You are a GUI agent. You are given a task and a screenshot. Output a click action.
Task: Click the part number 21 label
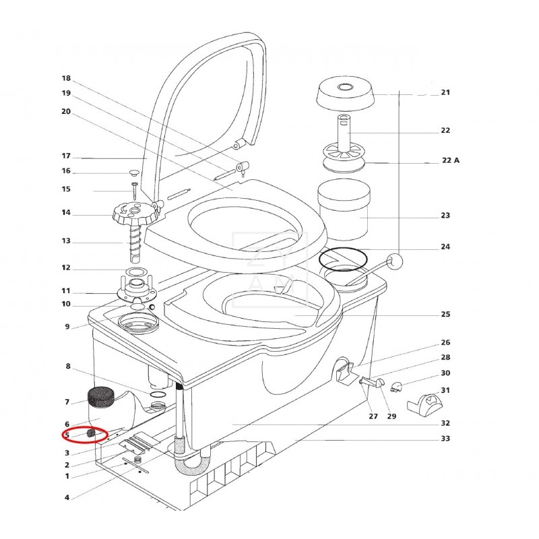(x=445, y=92)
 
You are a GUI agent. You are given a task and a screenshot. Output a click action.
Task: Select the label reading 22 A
(x=450, y=160)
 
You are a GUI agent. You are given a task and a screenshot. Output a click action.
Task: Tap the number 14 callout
(x=66, y=213)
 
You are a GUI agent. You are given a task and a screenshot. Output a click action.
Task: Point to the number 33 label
(x=445, y=438)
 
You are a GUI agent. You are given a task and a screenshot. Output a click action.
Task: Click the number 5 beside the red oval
(x=67, y=435)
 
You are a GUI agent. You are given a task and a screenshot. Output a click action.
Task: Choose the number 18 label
(x=66, y=78)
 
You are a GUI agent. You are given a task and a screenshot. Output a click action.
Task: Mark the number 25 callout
(x=445, y=314)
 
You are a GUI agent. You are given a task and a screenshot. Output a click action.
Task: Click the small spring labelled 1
(x=138, y=461)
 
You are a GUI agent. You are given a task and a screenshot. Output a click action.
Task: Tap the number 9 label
(x=67, y=327)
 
